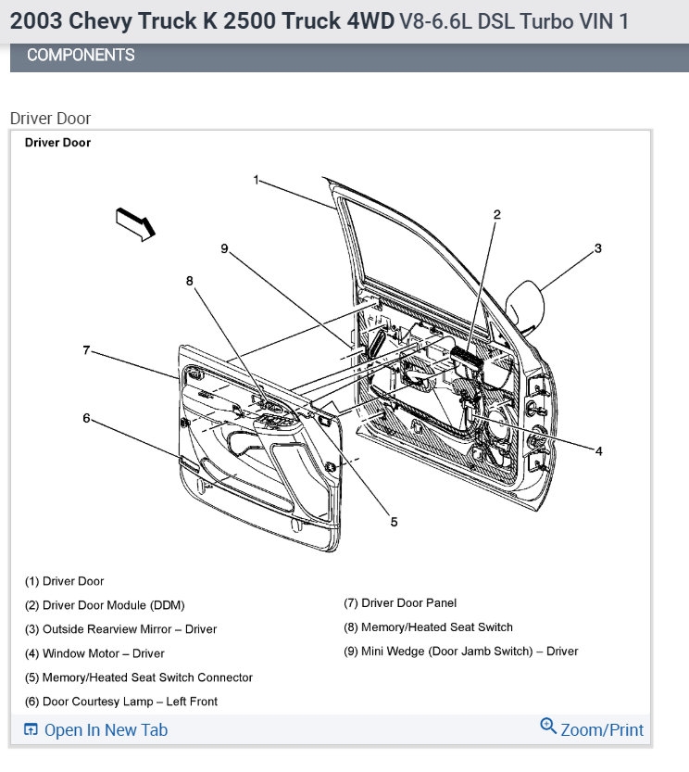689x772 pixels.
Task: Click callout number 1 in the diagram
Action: (x=257, y=180)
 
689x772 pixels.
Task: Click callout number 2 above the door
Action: (x=496, y=214)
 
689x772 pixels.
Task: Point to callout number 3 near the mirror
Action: (x=598, y=248)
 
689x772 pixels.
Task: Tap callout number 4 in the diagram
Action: (x=599, y=451)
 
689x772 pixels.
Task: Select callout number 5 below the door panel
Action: (x=394, y=522)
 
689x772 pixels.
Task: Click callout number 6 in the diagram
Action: (x=86, y=418)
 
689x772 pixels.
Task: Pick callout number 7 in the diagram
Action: (x=86, y=350)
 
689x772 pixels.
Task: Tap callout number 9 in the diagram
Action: (x=223, y=247)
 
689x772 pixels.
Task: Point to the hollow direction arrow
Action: (x=135, y=224)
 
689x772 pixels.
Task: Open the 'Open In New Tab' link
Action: (x=106, y=730)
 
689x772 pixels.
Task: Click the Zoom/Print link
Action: (x=602, y=730)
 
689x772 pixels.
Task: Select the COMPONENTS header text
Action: (x=81, y=56)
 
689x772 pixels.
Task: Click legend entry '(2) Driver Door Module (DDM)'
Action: (x=105, y=605)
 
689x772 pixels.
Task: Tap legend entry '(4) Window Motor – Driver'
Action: (x=94, y=653)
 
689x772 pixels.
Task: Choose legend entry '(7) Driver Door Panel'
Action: (x=400, y=602)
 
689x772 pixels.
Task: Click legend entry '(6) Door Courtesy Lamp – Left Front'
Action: (x=121, y=702)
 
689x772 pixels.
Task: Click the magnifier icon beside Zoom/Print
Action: (x=548, y=727)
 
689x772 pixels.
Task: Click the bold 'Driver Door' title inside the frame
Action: (x=57, y=143)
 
